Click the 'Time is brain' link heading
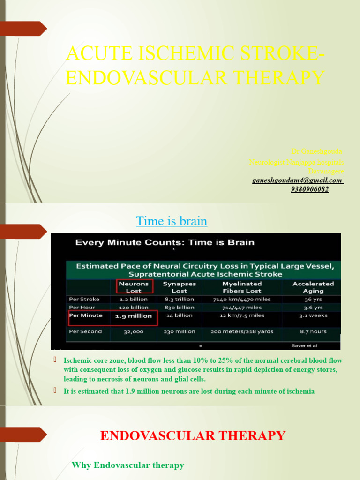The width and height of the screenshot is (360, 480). coord(172,221)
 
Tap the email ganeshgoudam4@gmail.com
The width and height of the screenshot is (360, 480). coord(298,180)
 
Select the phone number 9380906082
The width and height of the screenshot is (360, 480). coord(310,189)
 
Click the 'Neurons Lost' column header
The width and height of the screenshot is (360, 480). coord(133,287)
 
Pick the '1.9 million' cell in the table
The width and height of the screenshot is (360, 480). coord(134,316)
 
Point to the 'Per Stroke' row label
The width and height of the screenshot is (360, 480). coord(84,299)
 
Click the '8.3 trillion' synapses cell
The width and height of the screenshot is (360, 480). coord(179,299)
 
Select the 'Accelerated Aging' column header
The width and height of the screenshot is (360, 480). coord(313,287)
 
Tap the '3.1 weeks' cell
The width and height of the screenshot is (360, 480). coord(313,315)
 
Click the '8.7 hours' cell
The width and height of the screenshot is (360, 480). coord(313,331)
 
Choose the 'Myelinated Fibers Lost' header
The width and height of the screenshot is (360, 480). coord(242,287)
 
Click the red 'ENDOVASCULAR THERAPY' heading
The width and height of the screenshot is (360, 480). coord(193,435)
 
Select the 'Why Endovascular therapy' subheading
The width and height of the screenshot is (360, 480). coord(127,465)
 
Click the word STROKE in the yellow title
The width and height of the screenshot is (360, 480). coord(266,54)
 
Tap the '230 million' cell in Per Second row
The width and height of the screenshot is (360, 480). coord(179,331)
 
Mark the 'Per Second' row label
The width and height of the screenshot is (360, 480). coord(85,331)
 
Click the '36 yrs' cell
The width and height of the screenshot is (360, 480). coord(313,299)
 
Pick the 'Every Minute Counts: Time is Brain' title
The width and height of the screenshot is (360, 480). coord(165,242)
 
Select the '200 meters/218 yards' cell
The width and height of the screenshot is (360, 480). coord(242,331)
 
